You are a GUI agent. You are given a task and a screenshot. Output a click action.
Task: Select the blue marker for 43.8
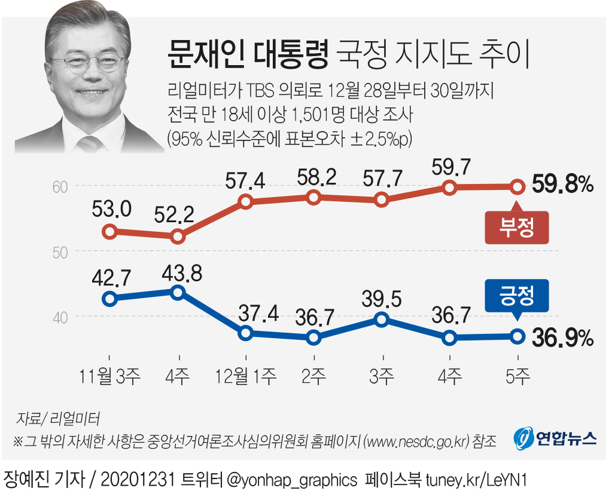coord(177,292)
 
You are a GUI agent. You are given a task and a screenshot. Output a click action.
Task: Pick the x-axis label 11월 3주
coord(109,376)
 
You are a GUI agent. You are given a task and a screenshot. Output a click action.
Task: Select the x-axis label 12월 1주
coord(245,376)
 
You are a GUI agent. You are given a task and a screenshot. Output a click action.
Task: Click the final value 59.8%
coord(561,186)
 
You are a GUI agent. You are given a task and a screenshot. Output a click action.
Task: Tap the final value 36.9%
coord(561,338)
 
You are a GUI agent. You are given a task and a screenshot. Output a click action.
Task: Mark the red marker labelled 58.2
coord(313,197)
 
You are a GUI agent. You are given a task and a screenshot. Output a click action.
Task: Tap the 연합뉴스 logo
coord(555,439)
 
